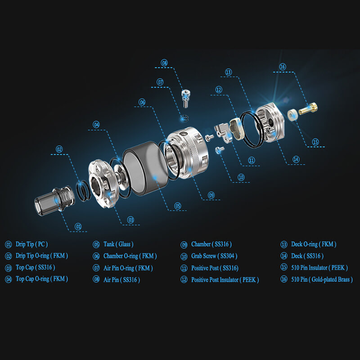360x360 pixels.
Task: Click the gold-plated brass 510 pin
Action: [308, 109]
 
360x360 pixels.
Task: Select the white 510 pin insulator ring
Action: [293, 115]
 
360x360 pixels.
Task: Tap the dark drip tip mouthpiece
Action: [54, 200]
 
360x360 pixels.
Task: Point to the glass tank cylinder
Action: [145, 168]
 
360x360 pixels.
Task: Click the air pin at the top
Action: [185, 98]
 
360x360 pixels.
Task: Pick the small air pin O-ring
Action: [184, 119]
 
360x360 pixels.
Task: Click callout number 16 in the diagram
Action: [283, 67]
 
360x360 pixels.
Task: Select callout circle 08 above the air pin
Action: [164, 63]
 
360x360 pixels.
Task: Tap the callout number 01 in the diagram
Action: [78, 227]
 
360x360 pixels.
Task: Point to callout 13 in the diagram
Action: [228, 72]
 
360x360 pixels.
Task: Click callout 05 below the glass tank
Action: [177, 206]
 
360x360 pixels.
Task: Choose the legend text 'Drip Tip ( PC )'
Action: [31, 244]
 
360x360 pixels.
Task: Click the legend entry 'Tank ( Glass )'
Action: [118, 244]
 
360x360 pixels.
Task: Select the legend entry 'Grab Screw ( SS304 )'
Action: [214, 256]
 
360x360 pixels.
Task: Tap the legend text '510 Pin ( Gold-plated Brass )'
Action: [322, 279]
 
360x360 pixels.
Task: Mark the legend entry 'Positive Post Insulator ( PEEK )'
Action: [225, 280]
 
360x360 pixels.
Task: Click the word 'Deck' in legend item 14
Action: [297, 256]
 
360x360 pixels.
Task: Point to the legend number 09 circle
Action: [184, 245]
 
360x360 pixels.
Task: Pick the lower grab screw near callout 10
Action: [220, 150]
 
